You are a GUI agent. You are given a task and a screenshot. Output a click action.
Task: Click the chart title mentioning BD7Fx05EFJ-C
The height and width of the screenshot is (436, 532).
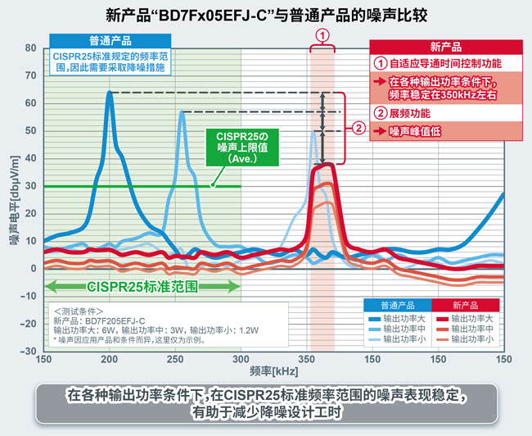[266, 15]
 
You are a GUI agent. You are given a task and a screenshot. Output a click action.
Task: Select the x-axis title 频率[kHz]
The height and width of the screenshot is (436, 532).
[273, 373]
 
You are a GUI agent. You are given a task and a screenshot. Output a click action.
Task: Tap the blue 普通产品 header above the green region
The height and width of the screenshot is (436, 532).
[110, 40]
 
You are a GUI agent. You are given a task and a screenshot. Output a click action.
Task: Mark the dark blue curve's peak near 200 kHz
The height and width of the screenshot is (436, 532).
[110, 93]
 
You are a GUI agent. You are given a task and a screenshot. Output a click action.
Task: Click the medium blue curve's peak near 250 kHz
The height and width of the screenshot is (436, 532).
[182, 112]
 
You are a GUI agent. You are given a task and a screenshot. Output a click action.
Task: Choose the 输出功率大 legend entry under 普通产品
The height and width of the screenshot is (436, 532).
[404, 318]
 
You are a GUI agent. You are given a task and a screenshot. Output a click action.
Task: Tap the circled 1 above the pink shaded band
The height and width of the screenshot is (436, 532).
[322, 35]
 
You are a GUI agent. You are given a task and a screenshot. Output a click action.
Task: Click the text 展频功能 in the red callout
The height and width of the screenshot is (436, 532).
[410, 113]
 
